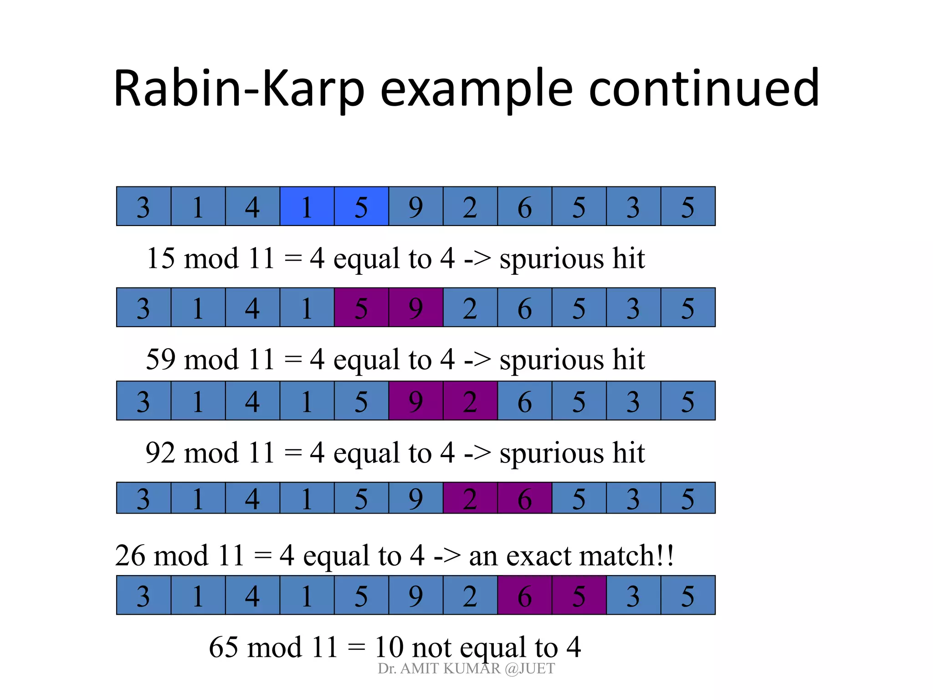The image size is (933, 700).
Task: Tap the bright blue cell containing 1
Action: pos(307,206)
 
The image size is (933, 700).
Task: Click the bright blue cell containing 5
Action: pos(361,206)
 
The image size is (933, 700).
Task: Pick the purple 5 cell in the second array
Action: pos(361,308)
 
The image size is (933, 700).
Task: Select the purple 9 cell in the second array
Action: pos(415,308)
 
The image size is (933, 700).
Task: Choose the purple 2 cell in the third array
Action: pos(470,401)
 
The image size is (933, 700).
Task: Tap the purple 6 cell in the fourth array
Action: pos(524,498)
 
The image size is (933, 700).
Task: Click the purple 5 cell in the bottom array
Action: pos(579,595)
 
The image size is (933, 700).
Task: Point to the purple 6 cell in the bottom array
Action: pos(524,595)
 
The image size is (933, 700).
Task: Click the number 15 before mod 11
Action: pos(160,258)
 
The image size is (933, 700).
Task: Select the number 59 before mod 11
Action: pos(160,359)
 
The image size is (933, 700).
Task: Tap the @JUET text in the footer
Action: pos(530,669)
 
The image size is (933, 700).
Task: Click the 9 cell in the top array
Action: pos(415,206)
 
